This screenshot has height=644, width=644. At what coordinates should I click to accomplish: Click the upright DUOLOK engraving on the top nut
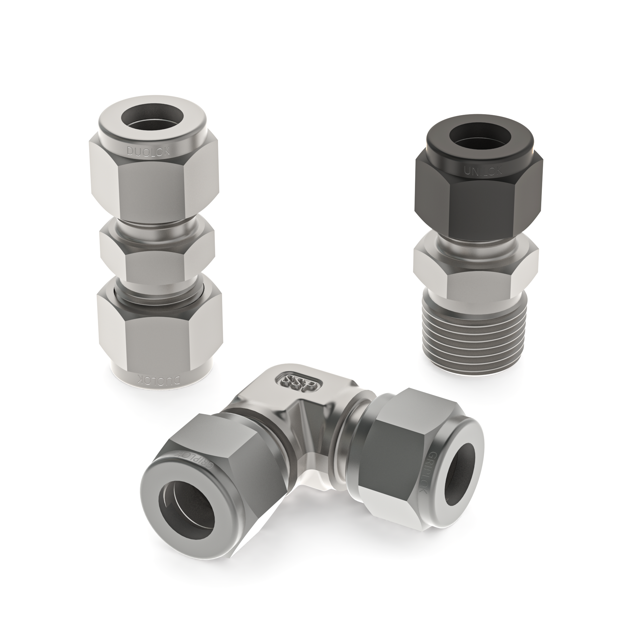[148, 152]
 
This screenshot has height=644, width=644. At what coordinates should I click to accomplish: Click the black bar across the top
[322, 20]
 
